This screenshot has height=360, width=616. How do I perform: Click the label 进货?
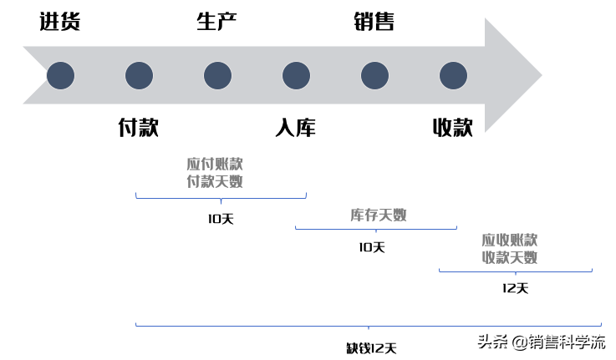click(60, 23)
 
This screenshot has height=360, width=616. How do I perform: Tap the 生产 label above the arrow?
click(216, 23)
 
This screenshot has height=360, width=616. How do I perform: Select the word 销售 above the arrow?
click(374, 23)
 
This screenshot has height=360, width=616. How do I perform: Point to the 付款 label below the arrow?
click(139, 128)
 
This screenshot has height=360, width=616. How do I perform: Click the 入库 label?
click(295, 128)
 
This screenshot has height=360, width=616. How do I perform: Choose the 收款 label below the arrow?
click(452, 128)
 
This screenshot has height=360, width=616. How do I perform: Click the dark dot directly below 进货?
click(60, 76)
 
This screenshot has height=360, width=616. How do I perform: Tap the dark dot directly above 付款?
click(139, 76)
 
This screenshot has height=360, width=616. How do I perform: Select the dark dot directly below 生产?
click(216, 76)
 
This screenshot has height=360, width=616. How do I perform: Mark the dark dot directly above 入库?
click(296, 76)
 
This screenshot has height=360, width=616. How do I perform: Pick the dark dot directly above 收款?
click(452, 76)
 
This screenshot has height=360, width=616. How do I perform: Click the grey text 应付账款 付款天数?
click(215, 171)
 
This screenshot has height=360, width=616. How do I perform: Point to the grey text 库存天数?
click(378, 215)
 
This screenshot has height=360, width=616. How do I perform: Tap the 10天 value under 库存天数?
click(371, 247)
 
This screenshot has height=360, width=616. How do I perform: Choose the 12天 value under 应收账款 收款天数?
click(516, 288)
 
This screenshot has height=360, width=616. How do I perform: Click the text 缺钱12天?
click(371, 347)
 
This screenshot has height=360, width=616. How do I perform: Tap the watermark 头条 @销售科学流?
click(542, 341)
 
